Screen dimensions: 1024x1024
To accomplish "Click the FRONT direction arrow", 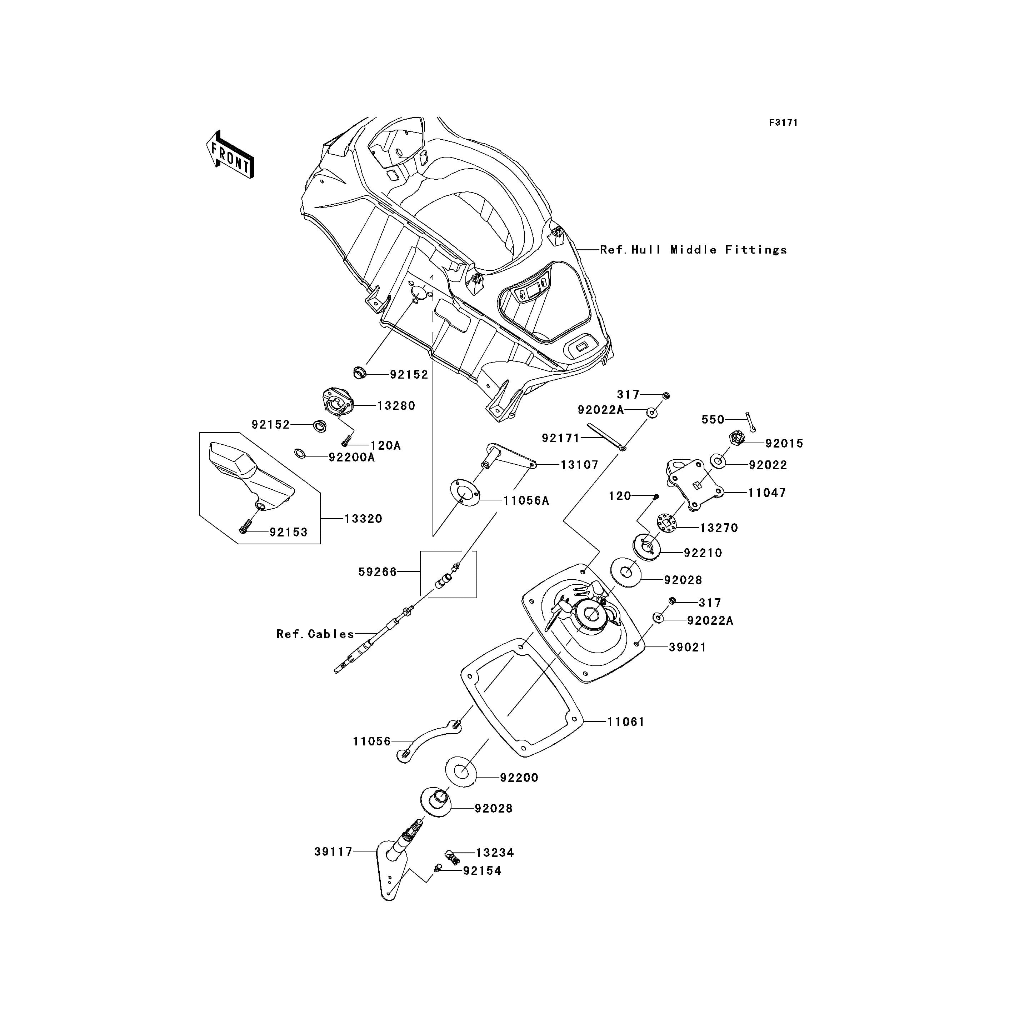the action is pos(230,154).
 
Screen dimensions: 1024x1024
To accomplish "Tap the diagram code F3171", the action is pos(783,123).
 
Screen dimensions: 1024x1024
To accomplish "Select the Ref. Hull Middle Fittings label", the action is pos(693,250).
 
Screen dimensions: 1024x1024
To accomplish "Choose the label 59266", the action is pos(378,572).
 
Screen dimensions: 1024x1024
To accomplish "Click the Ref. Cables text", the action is pos(315,634).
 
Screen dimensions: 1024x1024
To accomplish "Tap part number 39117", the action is pos(333,852).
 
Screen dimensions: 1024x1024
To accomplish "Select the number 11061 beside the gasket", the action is pos(626,721).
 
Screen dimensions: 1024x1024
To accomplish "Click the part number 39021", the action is pos(688,647).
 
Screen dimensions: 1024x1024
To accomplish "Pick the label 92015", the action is pos(784,443).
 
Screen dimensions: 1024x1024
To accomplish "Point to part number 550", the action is pos(713,419).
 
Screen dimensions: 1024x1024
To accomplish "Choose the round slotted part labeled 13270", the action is pos(667,523).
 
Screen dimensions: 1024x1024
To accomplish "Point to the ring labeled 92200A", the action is pos(300,454).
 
